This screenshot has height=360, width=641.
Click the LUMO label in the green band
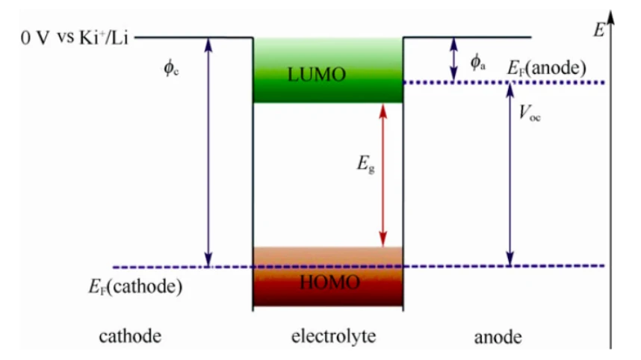point(317,75)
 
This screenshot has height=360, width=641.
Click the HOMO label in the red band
point(330,282)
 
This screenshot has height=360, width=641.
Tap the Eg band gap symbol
point(365,164)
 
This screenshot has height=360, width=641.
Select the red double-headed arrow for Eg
point(383,175)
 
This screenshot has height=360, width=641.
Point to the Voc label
point(530,112)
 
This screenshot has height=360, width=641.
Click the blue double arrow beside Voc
point(510,175)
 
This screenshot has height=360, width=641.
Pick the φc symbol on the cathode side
point(171,67)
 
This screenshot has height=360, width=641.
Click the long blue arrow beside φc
point(208,152)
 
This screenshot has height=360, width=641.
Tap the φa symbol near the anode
point(478,63)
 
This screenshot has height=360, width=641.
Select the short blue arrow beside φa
point(453,60)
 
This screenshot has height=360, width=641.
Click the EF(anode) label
point(547,67)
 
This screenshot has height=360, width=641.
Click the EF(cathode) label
point(135,286)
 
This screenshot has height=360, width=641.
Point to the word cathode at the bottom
point(130,336)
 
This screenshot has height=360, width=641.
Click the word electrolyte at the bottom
point(334,336)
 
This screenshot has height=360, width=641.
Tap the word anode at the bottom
point(498,338)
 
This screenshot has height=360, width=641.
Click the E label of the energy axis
point(598,30)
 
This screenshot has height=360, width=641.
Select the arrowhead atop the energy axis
point(611,18)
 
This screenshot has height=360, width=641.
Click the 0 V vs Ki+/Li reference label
point(75,38)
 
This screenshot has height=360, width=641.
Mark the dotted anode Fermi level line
point(504,83)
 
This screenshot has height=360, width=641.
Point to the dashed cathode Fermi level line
point(359,267)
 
